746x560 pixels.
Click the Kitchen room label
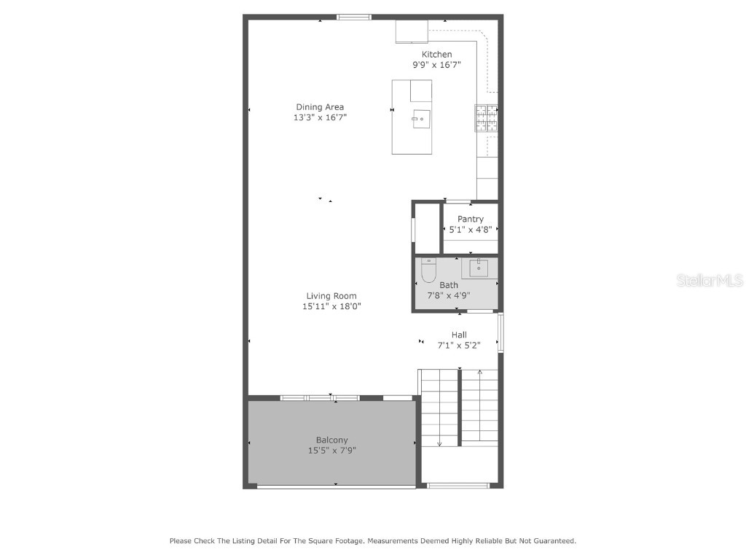pyautogui.click(x=436, y=55)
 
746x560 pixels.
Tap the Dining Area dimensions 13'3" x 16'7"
pyautogui.click(x=319, y=117)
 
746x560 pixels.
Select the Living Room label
pyautogui.click(x=331, y=296)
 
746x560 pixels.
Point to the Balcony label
pyautogui.click(x=331, y=440)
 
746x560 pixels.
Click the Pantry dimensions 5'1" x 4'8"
pyautogui.click(x=471, y=230)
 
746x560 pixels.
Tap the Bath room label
pyautogui.click(x=449, y=285)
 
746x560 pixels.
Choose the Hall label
pyautogui.click(x=459, y=335)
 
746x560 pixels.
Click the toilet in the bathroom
pyautogui.click(x=428, y=271)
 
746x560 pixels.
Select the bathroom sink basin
pyautogui.click(x=479, y=268)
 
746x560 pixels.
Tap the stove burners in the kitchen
pyautogui.click(x=487, y=119)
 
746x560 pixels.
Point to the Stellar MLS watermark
pyautogui.click(x=710, y=280)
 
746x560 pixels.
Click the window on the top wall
pyautogui.click(x=353, y=17)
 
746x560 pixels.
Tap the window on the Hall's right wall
pyautogui.click(x=500, y=333)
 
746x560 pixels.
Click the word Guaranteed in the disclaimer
pyautogui.click(x=552, y=541)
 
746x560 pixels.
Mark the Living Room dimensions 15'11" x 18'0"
pyautogui.click(x=331, y=306)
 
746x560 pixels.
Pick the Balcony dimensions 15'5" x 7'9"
pyautogui.click(x=331, y=451)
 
